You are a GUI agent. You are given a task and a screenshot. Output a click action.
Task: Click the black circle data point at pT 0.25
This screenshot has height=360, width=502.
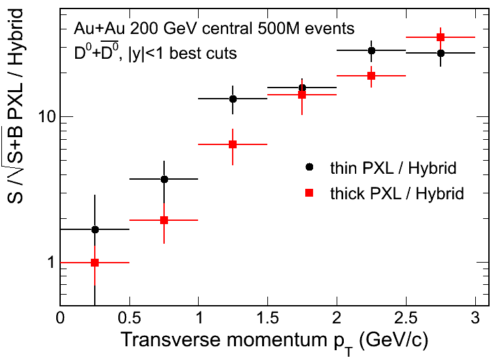click(95, 229)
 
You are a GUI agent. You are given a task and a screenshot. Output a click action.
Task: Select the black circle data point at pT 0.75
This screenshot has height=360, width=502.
click(164, 179)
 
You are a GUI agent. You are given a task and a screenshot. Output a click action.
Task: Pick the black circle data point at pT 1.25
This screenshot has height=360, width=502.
click(233, 99)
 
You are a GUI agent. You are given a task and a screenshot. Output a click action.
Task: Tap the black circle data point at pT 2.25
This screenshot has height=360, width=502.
click(371, 50)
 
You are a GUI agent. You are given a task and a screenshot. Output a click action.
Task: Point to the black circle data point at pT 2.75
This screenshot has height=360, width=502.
click(441, 53)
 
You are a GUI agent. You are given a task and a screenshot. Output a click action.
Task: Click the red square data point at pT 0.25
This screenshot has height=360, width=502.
click(95, 263)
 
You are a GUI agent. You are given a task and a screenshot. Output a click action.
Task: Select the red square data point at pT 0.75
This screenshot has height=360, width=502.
click(164, 220)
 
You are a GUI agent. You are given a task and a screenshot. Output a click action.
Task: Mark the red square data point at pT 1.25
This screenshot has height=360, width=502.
click(233, 144)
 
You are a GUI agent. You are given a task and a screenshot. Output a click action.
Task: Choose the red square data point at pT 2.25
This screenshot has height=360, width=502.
click(371, 76)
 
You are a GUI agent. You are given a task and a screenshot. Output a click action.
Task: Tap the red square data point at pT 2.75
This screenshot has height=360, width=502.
click(441, 37)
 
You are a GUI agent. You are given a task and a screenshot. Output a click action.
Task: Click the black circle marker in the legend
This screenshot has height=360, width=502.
click(310, 167)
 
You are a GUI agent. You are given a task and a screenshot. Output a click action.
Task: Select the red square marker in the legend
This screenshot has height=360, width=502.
click(310, 193)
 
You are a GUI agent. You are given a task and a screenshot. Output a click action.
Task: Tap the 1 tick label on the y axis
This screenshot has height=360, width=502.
click(49, 263)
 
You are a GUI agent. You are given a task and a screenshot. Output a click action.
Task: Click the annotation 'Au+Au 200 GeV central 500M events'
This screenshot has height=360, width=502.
click(214, 29)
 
